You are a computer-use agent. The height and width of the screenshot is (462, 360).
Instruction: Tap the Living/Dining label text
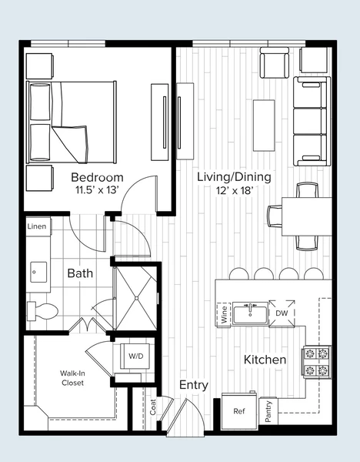[x=234, y=177]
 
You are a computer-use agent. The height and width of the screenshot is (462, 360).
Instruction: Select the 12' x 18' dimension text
[x=234, y=190]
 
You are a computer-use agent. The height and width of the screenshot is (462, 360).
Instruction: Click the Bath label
[x=80, y=273]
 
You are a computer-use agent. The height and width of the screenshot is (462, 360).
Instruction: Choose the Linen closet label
[x=36, y=226]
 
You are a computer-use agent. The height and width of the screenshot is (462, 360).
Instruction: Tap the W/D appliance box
[x=135, y=357]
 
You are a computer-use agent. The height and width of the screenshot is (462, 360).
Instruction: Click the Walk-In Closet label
[x=72, y=377]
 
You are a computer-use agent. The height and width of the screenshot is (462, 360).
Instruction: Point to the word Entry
[x=194, y=384]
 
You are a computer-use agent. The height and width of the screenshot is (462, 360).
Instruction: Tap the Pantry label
[x=268, y=410]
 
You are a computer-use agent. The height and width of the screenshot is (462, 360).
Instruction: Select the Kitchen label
[x=265, y=360]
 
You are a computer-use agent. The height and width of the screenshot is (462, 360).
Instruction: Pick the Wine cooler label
[x=225, y=313]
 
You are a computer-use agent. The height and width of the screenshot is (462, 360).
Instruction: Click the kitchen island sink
[x=250, y=313]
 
